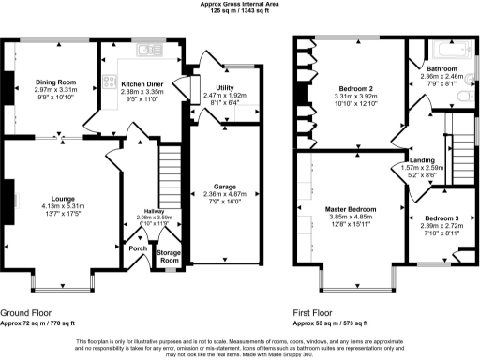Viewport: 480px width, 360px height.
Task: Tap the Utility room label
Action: pyautogui.click(x=212, y=86)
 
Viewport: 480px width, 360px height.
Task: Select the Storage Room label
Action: pyautogui.click(x=169, y=255)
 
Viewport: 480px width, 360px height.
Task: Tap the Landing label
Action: pyautogui.click(x=419, y=159)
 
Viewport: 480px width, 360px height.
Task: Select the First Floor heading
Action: pyautogui.click(x=318, y=311)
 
